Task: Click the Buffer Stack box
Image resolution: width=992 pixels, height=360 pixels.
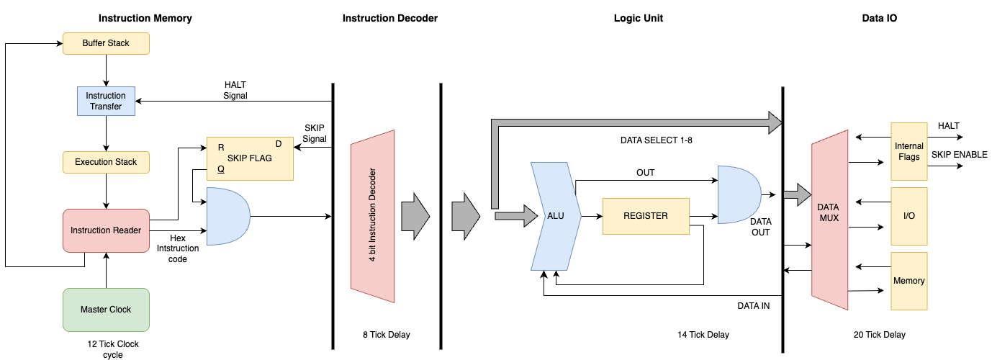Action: pyautogui.click(x=106, y=43)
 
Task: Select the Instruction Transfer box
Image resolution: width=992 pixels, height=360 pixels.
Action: pyautogui.click(x=106, y=102)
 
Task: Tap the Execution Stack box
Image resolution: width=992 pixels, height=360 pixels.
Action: pyautogui.click(x=106, y=162)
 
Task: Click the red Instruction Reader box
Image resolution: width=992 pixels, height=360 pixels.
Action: pyautogui.click(x=106, y=230)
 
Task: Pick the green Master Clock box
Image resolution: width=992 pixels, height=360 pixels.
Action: pyautogui.click(x=106, y=310)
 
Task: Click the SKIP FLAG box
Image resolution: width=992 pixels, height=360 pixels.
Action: pyautogui.click(x=250, y=158)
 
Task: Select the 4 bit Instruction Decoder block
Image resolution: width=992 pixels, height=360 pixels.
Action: pyautogui.click(x=373, y=216)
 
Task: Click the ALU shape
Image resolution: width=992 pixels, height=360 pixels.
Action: pyautogui.click(x=555, y=216)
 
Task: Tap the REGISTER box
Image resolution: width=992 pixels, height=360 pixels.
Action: pyautogui.click(x=646, y=216)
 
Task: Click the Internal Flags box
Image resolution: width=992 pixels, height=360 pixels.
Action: pyautogui.click(x=908, y=151)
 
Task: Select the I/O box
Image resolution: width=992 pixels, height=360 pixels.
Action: pyautogui.click(x=908, y=216)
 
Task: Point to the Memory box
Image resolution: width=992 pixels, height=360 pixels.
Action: pyautogui.click(x=908, y=281)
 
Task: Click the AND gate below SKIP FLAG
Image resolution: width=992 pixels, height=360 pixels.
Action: pyautogui.click(x=227, y=216)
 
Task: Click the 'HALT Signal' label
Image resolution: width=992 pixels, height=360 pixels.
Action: pyautogui.click(x=235, y=90)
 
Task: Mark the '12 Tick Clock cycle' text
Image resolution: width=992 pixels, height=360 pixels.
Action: pyautogui.click(x=112, y=349)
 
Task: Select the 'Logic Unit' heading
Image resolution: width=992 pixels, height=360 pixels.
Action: pyautogui.click(x=633, y=19)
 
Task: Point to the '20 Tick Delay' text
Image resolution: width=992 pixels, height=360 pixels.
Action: pyautogui.click(x=879, y=335)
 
